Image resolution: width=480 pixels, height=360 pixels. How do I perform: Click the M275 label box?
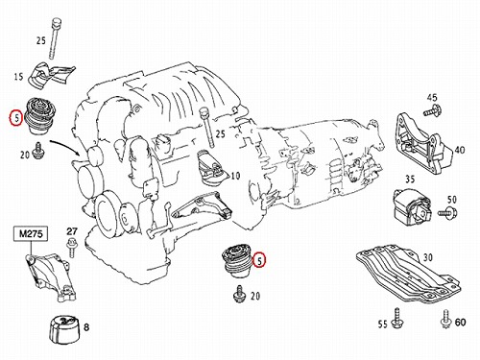[31, 233]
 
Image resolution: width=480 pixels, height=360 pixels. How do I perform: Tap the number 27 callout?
[72, 231]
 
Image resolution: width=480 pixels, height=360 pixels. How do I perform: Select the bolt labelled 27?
[72, 247]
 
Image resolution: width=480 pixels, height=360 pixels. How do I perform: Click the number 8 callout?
[86, 327]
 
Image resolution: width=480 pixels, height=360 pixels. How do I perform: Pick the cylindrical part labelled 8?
[63, 330]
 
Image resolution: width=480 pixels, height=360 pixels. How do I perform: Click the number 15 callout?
[18, 77]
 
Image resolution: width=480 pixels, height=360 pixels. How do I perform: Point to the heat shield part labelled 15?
[51, 76]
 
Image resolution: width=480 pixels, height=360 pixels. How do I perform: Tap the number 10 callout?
[235, 176]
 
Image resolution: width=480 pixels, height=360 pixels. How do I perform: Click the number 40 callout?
[460, 150]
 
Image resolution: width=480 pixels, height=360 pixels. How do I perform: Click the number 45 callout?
[432, 97]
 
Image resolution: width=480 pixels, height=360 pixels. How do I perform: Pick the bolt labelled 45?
[433, 111]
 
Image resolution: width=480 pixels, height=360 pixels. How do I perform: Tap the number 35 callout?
[410, 179]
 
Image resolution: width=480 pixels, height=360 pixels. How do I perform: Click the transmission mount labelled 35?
[412, 205]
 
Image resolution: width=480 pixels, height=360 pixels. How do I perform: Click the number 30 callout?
[428, 257]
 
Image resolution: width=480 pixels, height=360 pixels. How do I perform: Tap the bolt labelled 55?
[397, 318]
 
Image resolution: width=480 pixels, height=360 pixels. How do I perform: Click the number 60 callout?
[460, 322]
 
